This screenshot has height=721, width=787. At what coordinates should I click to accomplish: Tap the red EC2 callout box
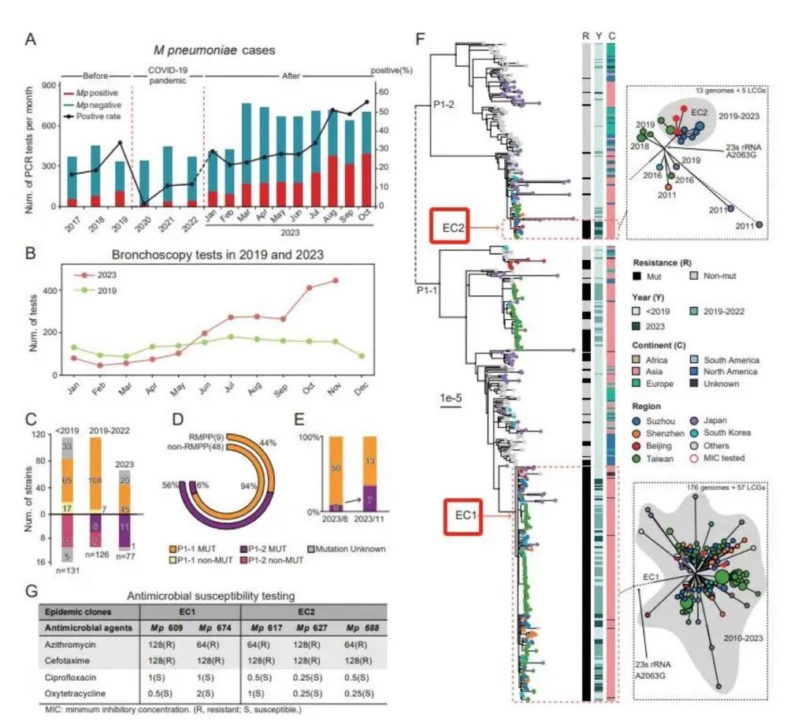[x=450, y=228]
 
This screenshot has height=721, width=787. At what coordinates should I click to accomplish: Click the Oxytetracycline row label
[x=77, y=691]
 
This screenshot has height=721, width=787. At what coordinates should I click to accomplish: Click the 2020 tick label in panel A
[x=143, y=221]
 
